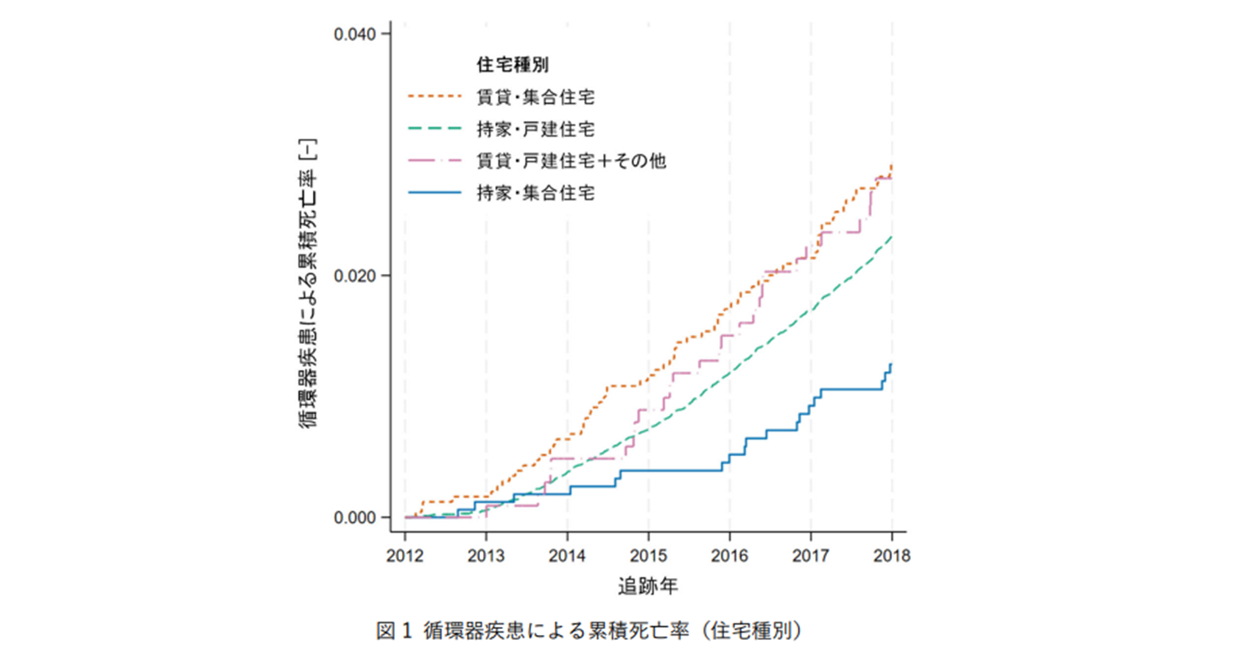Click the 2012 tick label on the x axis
(405, 555)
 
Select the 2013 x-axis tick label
(486, 555)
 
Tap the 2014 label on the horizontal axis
(567, 555)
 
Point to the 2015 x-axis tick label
(648, 555)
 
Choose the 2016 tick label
(730, 555)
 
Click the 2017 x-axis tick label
(811, 555)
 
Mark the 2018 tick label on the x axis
(892, 555)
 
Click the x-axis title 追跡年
(647, 586)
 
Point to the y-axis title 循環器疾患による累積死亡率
(309, 284)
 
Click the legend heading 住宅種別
(513, 65)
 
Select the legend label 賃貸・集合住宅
(535, 97)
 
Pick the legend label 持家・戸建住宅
(535, 130)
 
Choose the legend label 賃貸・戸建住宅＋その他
(571, 161)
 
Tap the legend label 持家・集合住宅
(535, 193)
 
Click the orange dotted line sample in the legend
(435, 97)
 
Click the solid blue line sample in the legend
(435, 193)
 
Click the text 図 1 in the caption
(395, 631)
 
